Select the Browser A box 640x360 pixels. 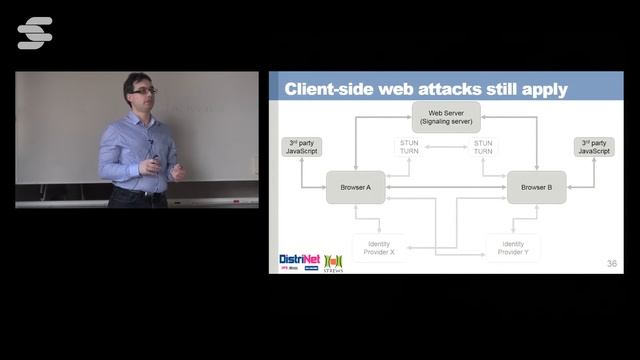coord(355,187)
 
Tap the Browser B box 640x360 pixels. coord(536,187)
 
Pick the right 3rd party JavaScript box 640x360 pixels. coord(594,147)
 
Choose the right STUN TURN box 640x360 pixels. coord(483,148)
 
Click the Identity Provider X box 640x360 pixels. coord(379,248)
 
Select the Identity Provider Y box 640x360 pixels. coord(512,248)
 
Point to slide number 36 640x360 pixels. coord(612,264)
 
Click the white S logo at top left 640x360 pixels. coord(35,33)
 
